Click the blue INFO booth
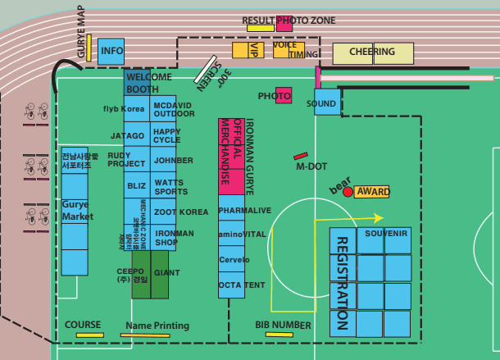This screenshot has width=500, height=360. coord(111,52)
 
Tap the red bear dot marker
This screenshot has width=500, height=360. coord(348,191)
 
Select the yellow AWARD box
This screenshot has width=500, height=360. coord(372,191)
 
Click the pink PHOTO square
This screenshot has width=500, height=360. coord(284,95)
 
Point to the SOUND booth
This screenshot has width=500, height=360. coord(325,103)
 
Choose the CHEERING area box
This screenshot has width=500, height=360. coord(373,52)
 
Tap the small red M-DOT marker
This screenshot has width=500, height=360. coord(300,156)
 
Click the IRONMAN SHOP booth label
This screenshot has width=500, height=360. coord(174,237)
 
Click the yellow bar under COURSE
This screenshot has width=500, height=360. coord(89,335)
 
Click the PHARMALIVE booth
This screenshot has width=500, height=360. coord(243,211)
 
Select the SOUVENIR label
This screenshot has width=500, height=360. coord(386,234)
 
